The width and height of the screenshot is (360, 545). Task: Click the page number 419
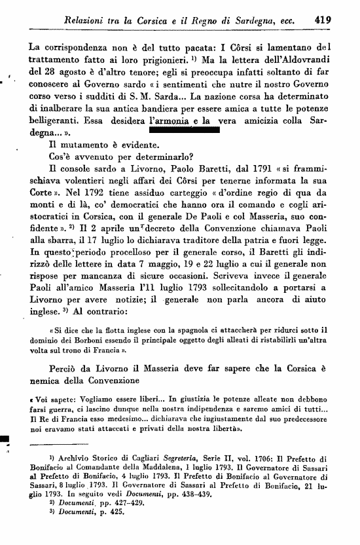click(x=322, y=20)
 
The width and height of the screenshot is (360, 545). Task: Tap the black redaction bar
click(x=184, y=130)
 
